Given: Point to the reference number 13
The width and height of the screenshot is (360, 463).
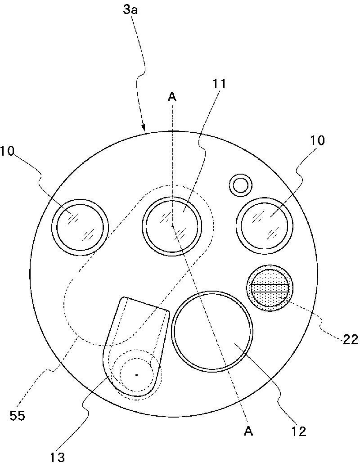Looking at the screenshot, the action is (x=57, y=457).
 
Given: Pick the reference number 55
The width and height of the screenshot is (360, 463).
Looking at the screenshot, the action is (x=18, y=415).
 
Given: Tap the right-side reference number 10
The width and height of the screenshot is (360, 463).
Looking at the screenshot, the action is (x=316, y=140).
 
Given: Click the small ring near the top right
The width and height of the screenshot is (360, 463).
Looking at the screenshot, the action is (x=240, y=184).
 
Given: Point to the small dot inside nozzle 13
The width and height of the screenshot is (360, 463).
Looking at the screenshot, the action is (x=137, y=374).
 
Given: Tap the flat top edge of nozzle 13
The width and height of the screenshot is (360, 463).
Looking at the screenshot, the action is (x=146, y=304).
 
